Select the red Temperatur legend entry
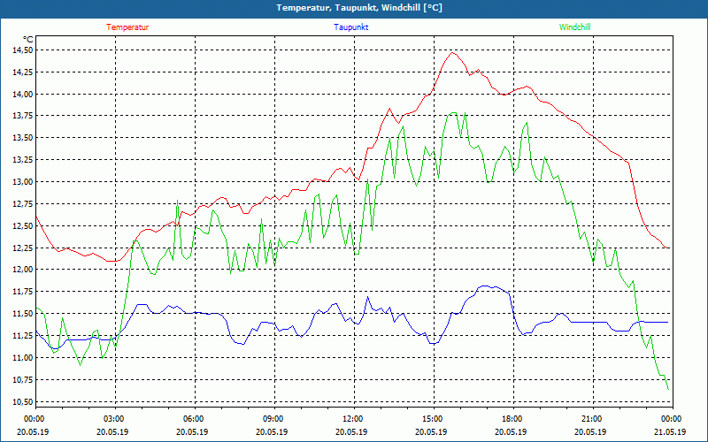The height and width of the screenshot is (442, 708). pos(127,27)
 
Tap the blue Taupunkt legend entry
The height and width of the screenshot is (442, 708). pos(351,27)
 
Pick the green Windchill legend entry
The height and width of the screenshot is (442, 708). pos(574,27)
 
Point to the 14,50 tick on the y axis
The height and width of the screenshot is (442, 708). pos(22,50)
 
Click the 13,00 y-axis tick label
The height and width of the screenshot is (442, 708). pos(22,182)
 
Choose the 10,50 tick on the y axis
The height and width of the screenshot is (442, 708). pos(22,402)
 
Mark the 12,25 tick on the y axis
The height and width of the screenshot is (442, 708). pos(22,248)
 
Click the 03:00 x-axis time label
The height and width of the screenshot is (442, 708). pos(114,419)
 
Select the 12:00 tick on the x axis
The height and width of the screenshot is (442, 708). pos(352,419)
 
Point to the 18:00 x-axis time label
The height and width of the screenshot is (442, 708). pos(512,419)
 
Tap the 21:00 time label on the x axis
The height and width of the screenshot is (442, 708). pos(591,419)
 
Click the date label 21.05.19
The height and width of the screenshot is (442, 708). pos(670,432)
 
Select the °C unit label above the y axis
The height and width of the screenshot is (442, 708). pos(28,39)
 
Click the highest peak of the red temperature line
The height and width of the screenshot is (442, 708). pos(453,52)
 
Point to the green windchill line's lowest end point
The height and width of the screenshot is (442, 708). pos(667,389)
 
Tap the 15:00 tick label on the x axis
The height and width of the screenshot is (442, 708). pos(432,419)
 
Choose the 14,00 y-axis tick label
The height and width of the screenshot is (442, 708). pos(22,95)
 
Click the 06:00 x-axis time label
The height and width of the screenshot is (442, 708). pos(194,419)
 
